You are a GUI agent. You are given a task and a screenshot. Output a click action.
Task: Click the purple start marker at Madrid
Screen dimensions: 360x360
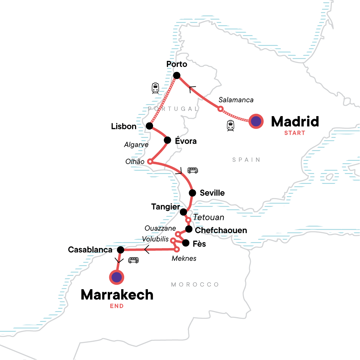click(256, 121)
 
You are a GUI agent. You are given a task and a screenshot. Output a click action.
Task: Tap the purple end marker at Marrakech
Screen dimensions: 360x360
click(116, 277)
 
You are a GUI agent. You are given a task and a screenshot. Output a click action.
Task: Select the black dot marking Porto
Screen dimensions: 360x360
click(177, 75)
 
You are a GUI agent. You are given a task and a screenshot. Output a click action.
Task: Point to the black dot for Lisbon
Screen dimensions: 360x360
click(149, 126)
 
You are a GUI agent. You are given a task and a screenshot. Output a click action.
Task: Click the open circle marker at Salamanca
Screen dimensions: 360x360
click(220, 109)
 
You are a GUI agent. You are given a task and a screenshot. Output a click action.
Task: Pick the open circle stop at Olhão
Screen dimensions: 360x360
click(150, 162)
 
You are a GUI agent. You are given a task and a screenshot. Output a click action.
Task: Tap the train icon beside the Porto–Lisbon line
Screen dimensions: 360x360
click(155, 88)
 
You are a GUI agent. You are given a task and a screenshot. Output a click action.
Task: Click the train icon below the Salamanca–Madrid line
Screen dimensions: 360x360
click(230, 126)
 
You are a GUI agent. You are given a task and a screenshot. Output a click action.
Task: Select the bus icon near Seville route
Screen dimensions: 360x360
click(193, 170)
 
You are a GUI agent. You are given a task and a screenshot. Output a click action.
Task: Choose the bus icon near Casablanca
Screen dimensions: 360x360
click(133, 260)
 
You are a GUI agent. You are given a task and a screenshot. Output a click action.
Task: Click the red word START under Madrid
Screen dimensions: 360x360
click(295, 133)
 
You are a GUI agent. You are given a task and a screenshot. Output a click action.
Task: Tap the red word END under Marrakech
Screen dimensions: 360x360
click(117, 306)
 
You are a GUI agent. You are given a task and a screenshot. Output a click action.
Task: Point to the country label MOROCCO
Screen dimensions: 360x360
click(195, 284)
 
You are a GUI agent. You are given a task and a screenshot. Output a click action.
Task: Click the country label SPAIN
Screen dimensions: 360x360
click(246, 160)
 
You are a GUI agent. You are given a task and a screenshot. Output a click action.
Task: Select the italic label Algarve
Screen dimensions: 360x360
click(136, 145)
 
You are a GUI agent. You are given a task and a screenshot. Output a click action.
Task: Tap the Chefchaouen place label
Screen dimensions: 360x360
click(221, 230)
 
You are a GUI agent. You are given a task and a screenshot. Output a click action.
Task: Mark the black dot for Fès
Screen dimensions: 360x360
click(186, 243)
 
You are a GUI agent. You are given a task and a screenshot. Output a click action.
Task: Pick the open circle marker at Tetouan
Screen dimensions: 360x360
click(188, 220)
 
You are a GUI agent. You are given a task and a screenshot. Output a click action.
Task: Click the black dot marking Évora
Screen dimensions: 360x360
click(167, 140)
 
